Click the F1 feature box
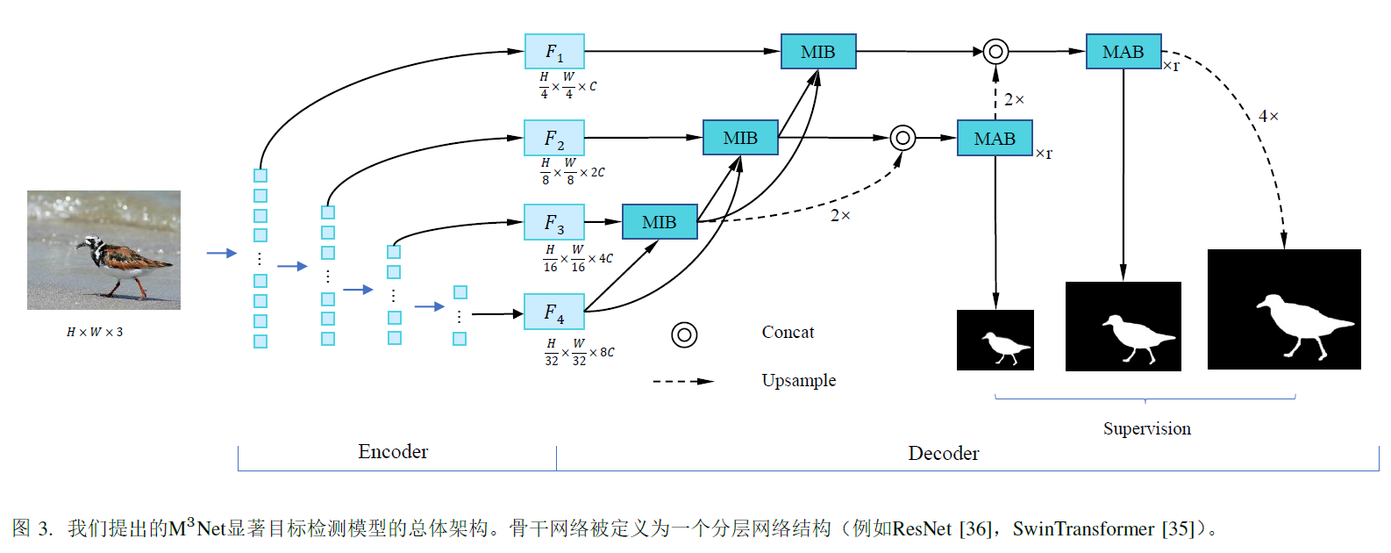(554, 52)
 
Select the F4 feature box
(554, 312)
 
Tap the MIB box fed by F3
(660, 222)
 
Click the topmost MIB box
(817, 52)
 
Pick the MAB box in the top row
(1123, 52)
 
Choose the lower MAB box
(994, 139)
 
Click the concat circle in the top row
(995, 52)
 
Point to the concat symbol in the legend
(684, 334)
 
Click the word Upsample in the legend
(798, 380)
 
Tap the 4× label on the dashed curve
(1268, 116)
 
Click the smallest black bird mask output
(995, 340)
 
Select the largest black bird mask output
(1283, 309)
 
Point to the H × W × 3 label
(95, 332)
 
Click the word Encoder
(393, 452)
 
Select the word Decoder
(943, 454)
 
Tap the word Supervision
(1146, 428)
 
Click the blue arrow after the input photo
(221, 253)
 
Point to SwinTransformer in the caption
(1082, 528)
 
